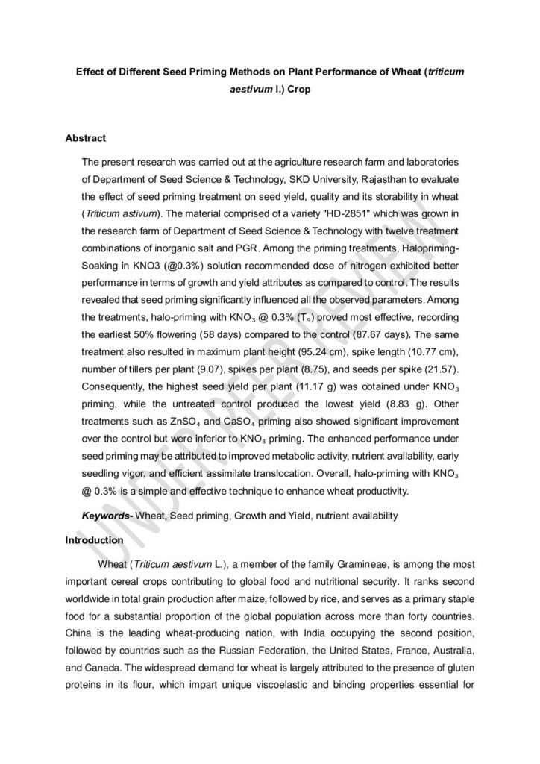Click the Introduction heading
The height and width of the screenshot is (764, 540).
click(94, 539)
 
